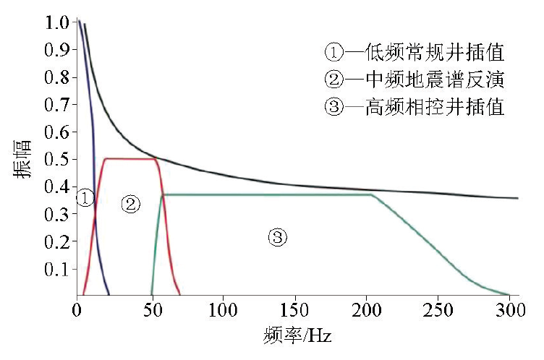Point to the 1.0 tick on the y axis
point(56,22)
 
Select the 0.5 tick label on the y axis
point(56,160)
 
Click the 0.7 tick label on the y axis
point(56,105)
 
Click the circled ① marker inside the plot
point(85,198)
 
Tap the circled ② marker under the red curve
point(130,204)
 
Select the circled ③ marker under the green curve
point(277,236)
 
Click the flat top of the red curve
point(130,159)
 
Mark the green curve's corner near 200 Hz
point(372,194)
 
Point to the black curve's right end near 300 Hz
point(515,198)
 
